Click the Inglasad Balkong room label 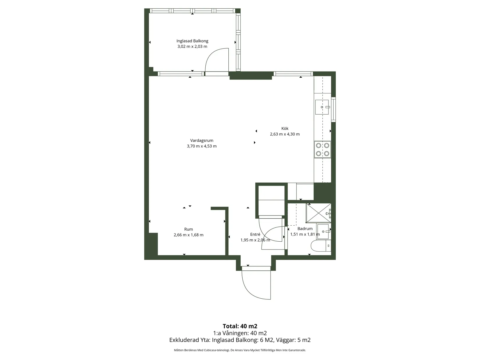pyautogui.click(x=192, y=41)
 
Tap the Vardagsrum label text pyautogui.click(x=202, y=140)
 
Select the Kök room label pyautogui.click(x=285, y=129)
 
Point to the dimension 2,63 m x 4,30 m pyautogui.click(x=285, y=134)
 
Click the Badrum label pyautogui.click(x=305, y=229)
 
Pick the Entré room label pyautogui.click(x=255, y=234)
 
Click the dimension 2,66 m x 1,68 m pyautogui.click(x=189, y=235)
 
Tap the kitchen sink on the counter pyautogui.click(x=322, y=107)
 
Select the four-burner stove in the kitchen pyautogui.click(x=323, y=149)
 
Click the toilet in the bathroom pyautogui.click(x=321, y=246)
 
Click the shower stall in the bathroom pyautogui.click(x=318, y=213)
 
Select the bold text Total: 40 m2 pyautogui.click(x=240, y=326)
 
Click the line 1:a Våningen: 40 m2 pyautogui.click(x=240, y=333)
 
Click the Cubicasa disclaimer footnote pyautogui.click(x=240, y=350)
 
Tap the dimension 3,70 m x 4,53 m pyautogui.click(x=202, y=146)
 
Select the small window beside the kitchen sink pyautogui.click(x=333, y=109)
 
